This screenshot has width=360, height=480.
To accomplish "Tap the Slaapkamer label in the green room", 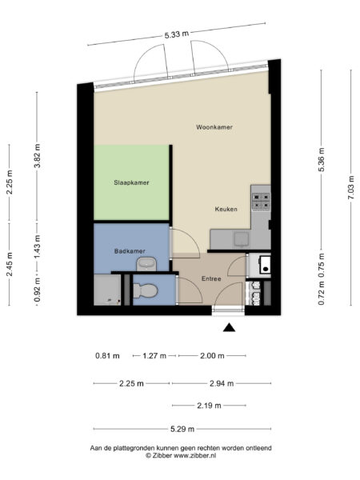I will tap(131, 182).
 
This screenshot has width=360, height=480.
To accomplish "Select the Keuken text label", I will tap(226, 209).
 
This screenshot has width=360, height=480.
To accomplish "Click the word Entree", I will tap(211, 278).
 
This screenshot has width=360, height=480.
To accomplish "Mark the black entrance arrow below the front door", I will tap(230, 326).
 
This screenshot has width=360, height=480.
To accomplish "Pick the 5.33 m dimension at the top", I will tap(177, 34).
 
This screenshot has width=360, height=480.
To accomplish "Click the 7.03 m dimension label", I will tap(350, 189).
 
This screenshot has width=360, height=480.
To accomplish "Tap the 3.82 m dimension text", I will tap(37, 160).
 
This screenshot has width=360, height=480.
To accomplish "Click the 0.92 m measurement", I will tap(37, 293).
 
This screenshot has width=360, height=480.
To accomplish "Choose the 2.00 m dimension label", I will tap(212, 355).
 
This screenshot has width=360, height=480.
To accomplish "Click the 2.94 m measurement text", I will tap(218, 383).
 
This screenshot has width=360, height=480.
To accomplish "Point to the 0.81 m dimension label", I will tap(107, 355).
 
